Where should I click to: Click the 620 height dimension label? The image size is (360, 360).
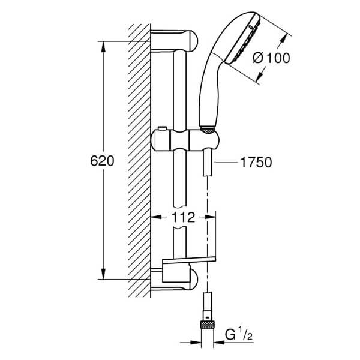[102, 161]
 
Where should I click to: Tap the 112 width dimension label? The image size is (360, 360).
[183, 217]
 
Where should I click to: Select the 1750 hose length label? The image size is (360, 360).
[256, 163]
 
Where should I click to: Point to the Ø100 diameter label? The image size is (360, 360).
[271, 58]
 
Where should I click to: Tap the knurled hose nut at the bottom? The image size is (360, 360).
[208, 325]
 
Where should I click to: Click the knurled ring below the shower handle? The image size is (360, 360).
[208, 130]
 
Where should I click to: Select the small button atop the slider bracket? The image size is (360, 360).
[163, 128]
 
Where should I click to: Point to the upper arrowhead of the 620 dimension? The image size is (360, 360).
[104, 47]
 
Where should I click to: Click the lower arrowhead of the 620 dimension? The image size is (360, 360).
[104, 274]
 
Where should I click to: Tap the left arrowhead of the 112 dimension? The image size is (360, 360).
[157, 217]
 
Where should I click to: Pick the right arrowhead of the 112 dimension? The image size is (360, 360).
[210, 217]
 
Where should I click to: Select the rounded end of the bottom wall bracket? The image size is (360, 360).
[193, 280]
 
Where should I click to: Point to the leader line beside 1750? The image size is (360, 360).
[226, 163]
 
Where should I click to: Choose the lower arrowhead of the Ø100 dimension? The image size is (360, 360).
[260, 74]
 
